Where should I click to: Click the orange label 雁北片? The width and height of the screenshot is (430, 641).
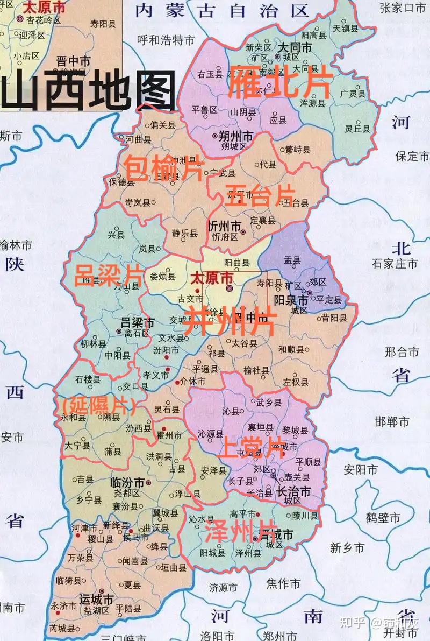pyautogui.click(x=274, y=82)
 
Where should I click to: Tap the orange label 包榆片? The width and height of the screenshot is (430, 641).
pyautogui.click(x=163, y=169)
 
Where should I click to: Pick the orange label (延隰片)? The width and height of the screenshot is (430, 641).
pyautogui.click(x=97, y=405)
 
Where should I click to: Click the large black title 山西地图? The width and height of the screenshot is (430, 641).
pyautogui.click(x=89, y=91)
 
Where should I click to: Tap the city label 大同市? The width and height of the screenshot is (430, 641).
pyautogui.click(x=294, y=47)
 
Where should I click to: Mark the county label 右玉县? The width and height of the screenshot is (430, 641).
pyautogui.click(x=210, y=74)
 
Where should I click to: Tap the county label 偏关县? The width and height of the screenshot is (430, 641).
pyautogui.click(x=163, y=125)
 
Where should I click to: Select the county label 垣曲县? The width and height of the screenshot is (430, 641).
pyautogui.click(x=174, y=568)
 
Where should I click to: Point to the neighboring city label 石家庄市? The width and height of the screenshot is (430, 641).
pyautogui.click(x=395, y=264)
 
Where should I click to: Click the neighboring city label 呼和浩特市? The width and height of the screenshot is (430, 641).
pyautogui.click(x=165, y=39)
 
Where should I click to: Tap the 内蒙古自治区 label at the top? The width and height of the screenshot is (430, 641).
pyautogui.click(x=222, y=11)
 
